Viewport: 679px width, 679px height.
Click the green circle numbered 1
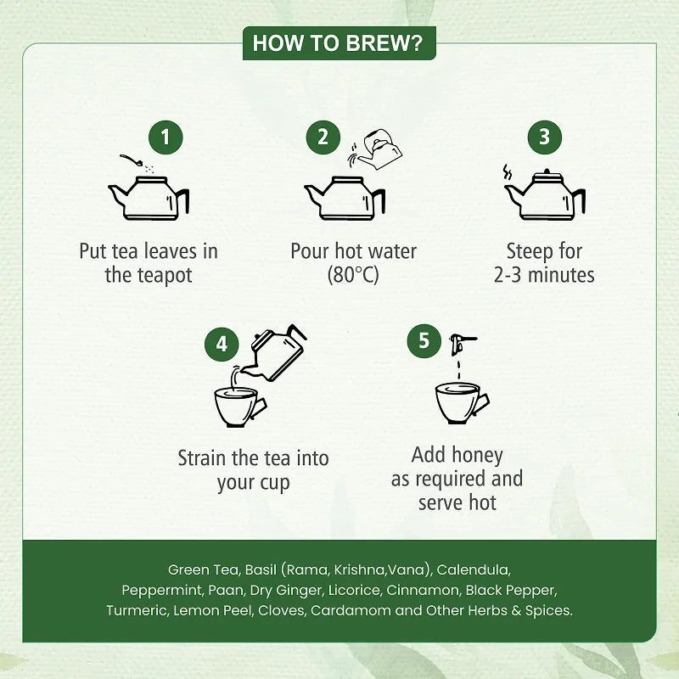pyautogui.click(x=166, y=137)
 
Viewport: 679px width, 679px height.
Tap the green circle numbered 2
pyautogui.click(x=323, y=137)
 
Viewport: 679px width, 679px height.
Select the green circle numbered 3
pyautogui.click(x=544, y=137)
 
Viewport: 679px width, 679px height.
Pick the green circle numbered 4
pyautogui.click(x=222, y=345)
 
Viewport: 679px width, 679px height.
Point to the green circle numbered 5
pyautogui.click(x=424, y=341)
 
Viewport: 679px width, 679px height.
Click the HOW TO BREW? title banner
pyautogui.click(x=339, y=43)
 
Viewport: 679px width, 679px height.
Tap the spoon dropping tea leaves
pyautogui.click(x=132, y=160)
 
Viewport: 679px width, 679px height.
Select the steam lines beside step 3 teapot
pyautogui.click(x=507, y=172)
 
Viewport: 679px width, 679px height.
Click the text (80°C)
pyautogui.click(x=353, y=275)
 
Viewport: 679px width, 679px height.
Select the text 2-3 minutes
pyautogui.click(x=544, y=275)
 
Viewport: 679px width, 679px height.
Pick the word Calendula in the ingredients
pyautogui.click(x=474, y=570)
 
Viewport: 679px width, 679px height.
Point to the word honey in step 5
pyautogui.click(x=476, y=456)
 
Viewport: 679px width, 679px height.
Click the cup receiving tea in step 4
pyautogui.click(x=240, y=407)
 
